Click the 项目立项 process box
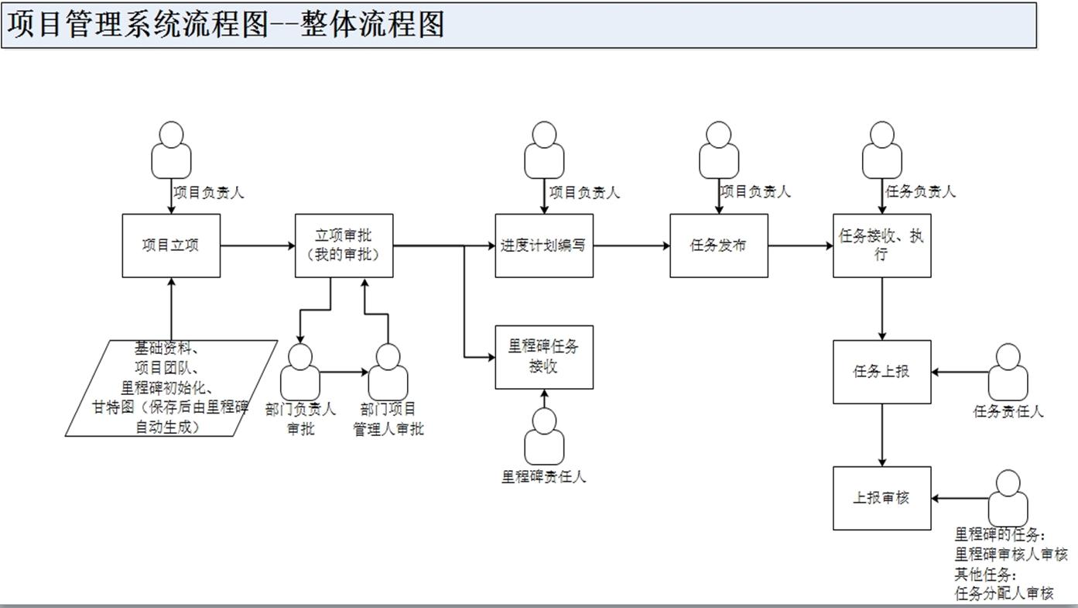click(x=171, y=246)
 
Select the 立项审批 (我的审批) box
click(x=344, y=246)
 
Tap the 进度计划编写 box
click(x=544, y=246)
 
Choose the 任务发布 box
click(x=719, y=246)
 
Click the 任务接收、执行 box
click(x=881, y=246)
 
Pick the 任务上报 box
click(x=881, y=372)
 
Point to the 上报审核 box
click(x=881, y=498)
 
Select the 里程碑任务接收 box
click(x=544, y=357)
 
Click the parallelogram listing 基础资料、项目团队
click(x=171, y=387)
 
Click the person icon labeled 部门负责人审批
click(x=300, y=373)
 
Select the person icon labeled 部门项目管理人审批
click(x=388, y=373)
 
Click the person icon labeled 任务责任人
click(x=1008, y=373)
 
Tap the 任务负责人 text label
click(x=920, y=191)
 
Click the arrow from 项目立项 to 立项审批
click(x=258, y=246)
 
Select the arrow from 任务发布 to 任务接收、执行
click(x=800, y=246)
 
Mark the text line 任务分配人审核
click(x=1004, y=593)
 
